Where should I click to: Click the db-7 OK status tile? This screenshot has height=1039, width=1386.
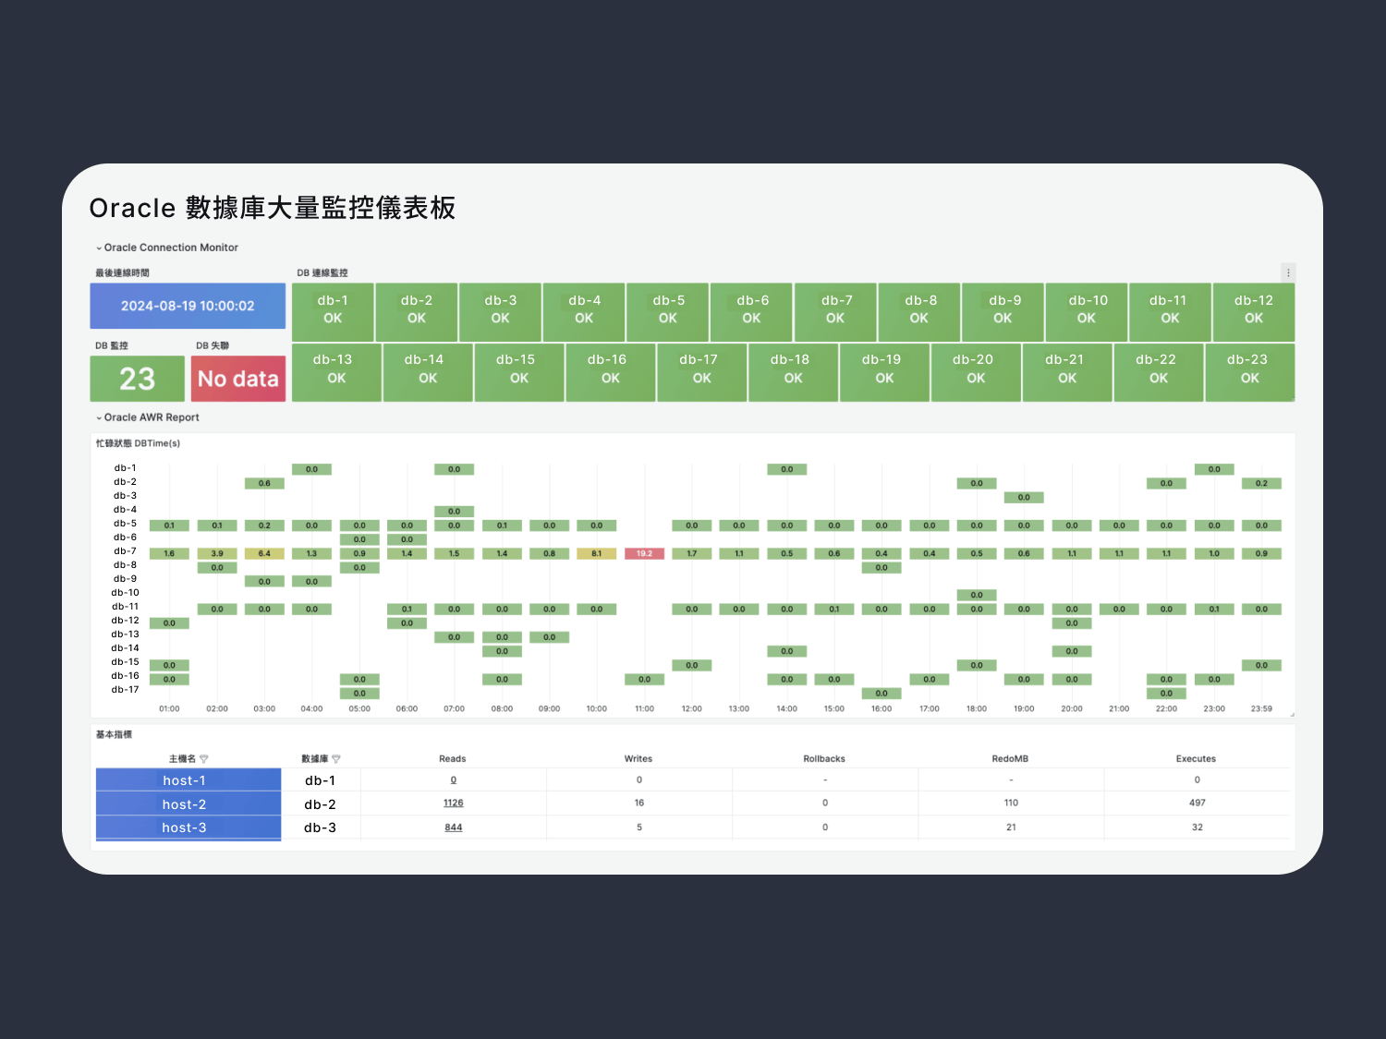[x=835, y=310]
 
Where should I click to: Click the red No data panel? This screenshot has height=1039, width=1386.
[x=238, y=379]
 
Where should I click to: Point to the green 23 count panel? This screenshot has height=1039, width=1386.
[x=137, y=379]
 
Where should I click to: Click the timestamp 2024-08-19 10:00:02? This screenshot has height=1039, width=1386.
[x=188, y=306]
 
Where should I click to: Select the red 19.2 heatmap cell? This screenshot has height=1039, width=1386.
[x=644, y=554]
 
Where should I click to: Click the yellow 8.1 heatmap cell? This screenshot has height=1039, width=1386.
[x=597, y=554]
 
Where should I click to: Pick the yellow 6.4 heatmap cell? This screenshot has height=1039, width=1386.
[x=264, y=554]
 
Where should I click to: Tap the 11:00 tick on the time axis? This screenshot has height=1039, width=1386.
[x=644, y=709]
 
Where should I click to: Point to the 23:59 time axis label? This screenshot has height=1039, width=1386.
[x=1261, y=709]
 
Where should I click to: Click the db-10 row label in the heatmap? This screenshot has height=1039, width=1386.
[x=125, y=593]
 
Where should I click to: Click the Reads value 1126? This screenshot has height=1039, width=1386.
[x=453, y=803]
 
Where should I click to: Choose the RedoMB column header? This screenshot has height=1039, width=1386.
[x=1010, y=759]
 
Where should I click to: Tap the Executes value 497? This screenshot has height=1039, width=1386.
[x=1197, y=803]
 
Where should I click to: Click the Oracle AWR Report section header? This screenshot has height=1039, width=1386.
[x=151, y=417]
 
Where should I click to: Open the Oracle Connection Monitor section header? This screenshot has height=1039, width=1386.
[x=170, y=248]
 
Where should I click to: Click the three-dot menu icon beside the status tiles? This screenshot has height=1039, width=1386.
[x=1288, y=272]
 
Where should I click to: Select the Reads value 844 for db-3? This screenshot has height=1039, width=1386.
[x=453, y=828]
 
